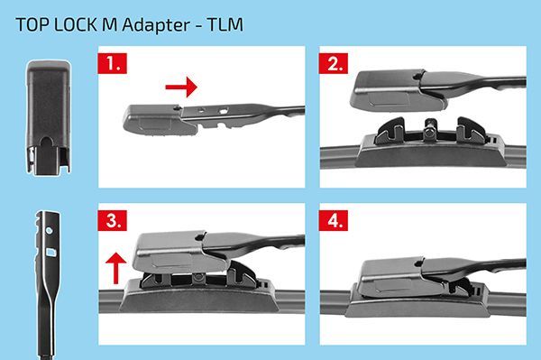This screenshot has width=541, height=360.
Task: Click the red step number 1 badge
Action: tap(113, 63)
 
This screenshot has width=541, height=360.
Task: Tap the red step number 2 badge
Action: tap(334, 63)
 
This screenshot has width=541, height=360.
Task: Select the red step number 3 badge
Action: tap(113, 220)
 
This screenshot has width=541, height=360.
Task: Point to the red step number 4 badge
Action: tap(334, 220)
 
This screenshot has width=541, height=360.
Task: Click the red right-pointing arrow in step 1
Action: tap(181, 87)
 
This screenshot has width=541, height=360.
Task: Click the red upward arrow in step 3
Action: tap(116, 268)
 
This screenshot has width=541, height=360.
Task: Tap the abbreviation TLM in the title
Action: tap(225, 25)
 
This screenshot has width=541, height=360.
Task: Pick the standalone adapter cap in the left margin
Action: tap(49, 117)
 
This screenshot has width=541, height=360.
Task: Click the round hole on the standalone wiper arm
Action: tap(50, 230)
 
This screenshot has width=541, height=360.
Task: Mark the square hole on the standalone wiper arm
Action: tap(50, 253)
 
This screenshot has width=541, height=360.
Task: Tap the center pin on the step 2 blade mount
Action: tap(430, 129)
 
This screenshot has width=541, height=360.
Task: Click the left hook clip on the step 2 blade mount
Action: tap(390, 131)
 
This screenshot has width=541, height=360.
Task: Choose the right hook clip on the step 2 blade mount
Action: tap(471, 131)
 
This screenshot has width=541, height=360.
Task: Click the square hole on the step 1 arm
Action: tap(224, 111)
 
